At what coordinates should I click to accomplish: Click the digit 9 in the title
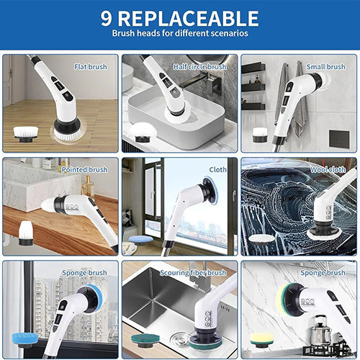coord(106,18)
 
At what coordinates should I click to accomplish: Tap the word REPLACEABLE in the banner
coord(189,19)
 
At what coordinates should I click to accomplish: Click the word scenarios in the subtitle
coord(229,33)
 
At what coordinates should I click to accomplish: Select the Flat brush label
coord(91,66)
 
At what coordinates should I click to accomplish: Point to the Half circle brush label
coord(200,66)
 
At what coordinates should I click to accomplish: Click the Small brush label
coord(326,66)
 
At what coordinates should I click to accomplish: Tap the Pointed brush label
coord(84,169)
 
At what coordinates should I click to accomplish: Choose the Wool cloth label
coord(328,169)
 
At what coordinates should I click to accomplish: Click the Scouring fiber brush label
coord(193,273)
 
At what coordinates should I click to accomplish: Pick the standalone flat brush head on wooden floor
coord(26,134)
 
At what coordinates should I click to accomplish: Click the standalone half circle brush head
coord(143,132)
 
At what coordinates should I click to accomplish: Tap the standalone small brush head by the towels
coord(260,135)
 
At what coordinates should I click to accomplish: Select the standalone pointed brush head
coord(26,233)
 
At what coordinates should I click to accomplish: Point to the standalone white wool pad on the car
coord(261,239)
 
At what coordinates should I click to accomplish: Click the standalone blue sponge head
coord(25,339)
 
